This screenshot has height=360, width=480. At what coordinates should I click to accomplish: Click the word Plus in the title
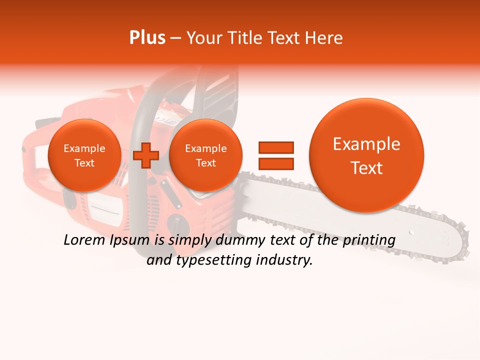[x=147, y=38]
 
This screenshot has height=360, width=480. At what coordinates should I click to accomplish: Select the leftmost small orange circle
[x=84, y=155]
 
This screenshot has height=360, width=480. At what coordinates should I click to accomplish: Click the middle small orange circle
[x=205, y=155]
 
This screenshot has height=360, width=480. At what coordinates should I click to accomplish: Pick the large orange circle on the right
[x=366, y=155]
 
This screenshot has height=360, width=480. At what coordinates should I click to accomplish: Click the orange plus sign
[x=146, y=155]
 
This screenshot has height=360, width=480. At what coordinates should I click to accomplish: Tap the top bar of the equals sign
[x=275, y=147]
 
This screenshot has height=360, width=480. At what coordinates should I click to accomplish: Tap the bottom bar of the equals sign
[x=275, y=163]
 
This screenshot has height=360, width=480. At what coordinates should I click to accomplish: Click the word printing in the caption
[x=368, y=240]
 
